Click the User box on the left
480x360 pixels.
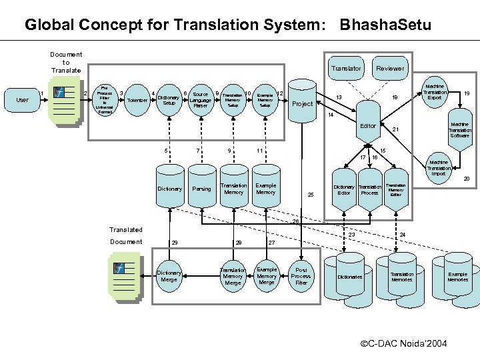point(22,100)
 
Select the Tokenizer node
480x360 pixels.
point(137,100)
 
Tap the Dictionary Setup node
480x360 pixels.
point(169,100)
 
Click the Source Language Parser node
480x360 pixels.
point(201,100)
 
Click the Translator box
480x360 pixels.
point(346,69)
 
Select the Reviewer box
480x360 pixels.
point(390,69)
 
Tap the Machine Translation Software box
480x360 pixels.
point(459,130)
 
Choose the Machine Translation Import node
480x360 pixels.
point(439,168)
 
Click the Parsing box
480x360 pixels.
point(201,189)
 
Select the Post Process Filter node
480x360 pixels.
point(301,276)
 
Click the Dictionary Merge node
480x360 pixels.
point(169,276)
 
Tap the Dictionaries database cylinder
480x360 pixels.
point(350,275)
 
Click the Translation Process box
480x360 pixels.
point(370,189)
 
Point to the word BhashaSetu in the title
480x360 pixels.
point(385,25)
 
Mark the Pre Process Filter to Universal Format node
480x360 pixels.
point(105,99)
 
